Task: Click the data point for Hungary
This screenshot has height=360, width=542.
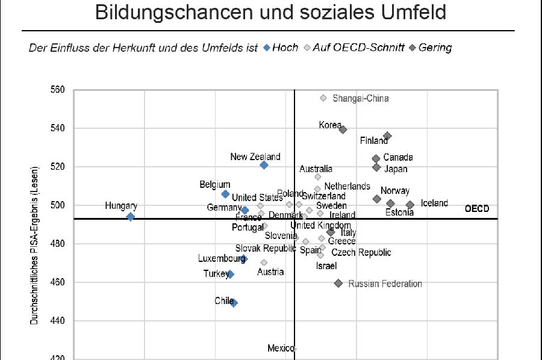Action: pyautogui.click(x=130, y=217)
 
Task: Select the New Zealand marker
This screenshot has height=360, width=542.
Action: pyautogui.click(x=264, y=165)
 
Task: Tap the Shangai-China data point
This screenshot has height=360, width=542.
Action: pyautogui.click(x=323, y=98)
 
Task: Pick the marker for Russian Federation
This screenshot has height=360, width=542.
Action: pyautogui.click(x=338, y=283)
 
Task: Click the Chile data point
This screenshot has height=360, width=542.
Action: pyautogui.click(x=234, y=303)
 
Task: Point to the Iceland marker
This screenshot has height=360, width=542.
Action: pyautogui.click(x=410, y=205)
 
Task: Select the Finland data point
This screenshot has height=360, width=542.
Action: pyautogui.click(x=387, y=136)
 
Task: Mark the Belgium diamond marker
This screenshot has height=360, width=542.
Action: pyautogui.click(x=225, y=194)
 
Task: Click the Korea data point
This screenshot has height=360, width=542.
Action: pyautogui.click(x=343, y=129)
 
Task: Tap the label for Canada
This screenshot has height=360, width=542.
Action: pyautogui.click(x=398, y=158)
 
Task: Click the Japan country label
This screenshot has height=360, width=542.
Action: pyautogui.click(x=396, y=169)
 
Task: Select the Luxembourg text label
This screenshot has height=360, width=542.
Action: pyautogui.click(x=221, y=259)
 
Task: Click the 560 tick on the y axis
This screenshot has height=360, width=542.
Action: pyautogui.click(x=57, y=90)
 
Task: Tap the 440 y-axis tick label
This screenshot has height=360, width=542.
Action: pyautogui.click(x=57, y=321)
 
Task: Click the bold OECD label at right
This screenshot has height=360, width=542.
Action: pyautogui.click(x=477, y=209)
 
